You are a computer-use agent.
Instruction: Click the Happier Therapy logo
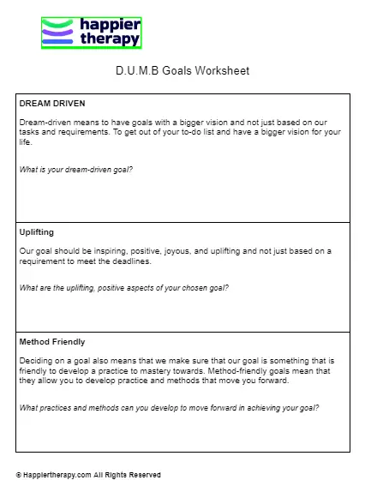[x=91, y=33]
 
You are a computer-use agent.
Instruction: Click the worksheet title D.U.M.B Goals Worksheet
[x=183, y=70]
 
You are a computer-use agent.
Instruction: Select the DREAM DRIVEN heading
[x=52, y=103]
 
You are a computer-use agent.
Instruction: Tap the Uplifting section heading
[x=37, y=231]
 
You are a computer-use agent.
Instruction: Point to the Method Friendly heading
[x=52, y=341]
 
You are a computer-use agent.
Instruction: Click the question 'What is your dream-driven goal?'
[x=76, y=169]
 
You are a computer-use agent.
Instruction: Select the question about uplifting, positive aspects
[x=124, y=287]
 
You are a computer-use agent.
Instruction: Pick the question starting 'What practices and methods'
[x=169, y=407]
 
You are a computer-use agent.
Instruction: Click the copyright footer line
[x=88, y=475]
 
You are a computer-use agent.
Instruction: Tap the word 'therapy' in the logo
[x=109, y=39]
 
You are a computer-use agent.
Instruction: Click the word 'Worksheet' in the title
[x=223, y=70]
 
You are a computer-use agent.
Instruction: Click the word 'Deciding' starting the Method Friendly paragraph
[x=35, y=361]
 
